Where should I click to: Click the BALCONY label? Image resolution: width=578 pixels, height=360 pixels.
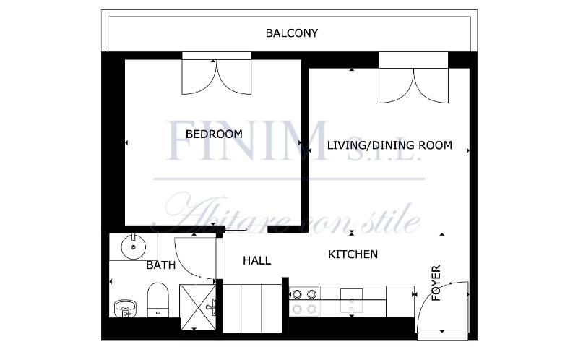coord(292,33)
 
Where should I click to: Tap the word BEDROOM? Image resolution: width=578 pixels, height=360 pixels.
coord(214,134)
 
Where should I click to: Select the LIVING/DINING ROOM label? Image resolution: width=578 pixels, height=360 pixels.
coord(389,145)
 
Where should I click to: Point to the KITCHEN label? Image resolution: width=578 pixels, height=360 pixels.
coord(353,254)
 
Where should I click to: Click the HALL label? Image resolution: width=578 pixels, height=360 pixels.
coord(257,261)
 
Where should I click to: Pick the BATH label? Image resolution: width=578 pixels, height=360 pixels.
coord(160,265)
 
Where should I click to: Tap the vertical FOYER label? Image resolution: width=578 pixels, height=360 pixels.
coord(436,283)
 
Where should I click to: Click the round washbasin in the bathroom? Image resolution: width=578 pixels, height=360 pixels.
coord(134,247)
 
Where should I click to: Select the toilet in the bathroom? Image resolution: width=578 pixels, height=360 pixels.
coord(158,299)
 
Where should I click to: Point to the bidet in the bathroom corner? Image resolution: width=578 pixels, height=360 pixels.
coord(125,309)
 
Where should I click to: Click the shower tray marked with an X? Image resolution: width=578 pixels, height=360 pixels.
coord(198,308)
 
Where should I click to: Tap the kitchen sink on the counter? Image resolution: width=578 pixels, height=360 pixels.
coord(351,301)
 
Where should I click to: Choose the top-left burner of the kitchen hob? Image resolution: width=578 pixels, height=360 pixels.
coord(297,294)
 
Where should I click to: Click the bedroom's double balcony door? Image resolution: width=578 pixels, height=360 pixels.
coord(217,77)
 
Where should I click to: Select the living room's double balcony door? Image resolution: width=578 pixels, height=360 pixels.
coord(413,85)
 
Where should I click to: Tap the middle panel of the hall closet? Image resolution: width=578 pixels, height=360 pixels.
coord(251,309)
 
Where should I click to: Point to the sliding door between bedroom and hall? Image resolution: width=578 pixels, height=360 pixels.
coord(236,229)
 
